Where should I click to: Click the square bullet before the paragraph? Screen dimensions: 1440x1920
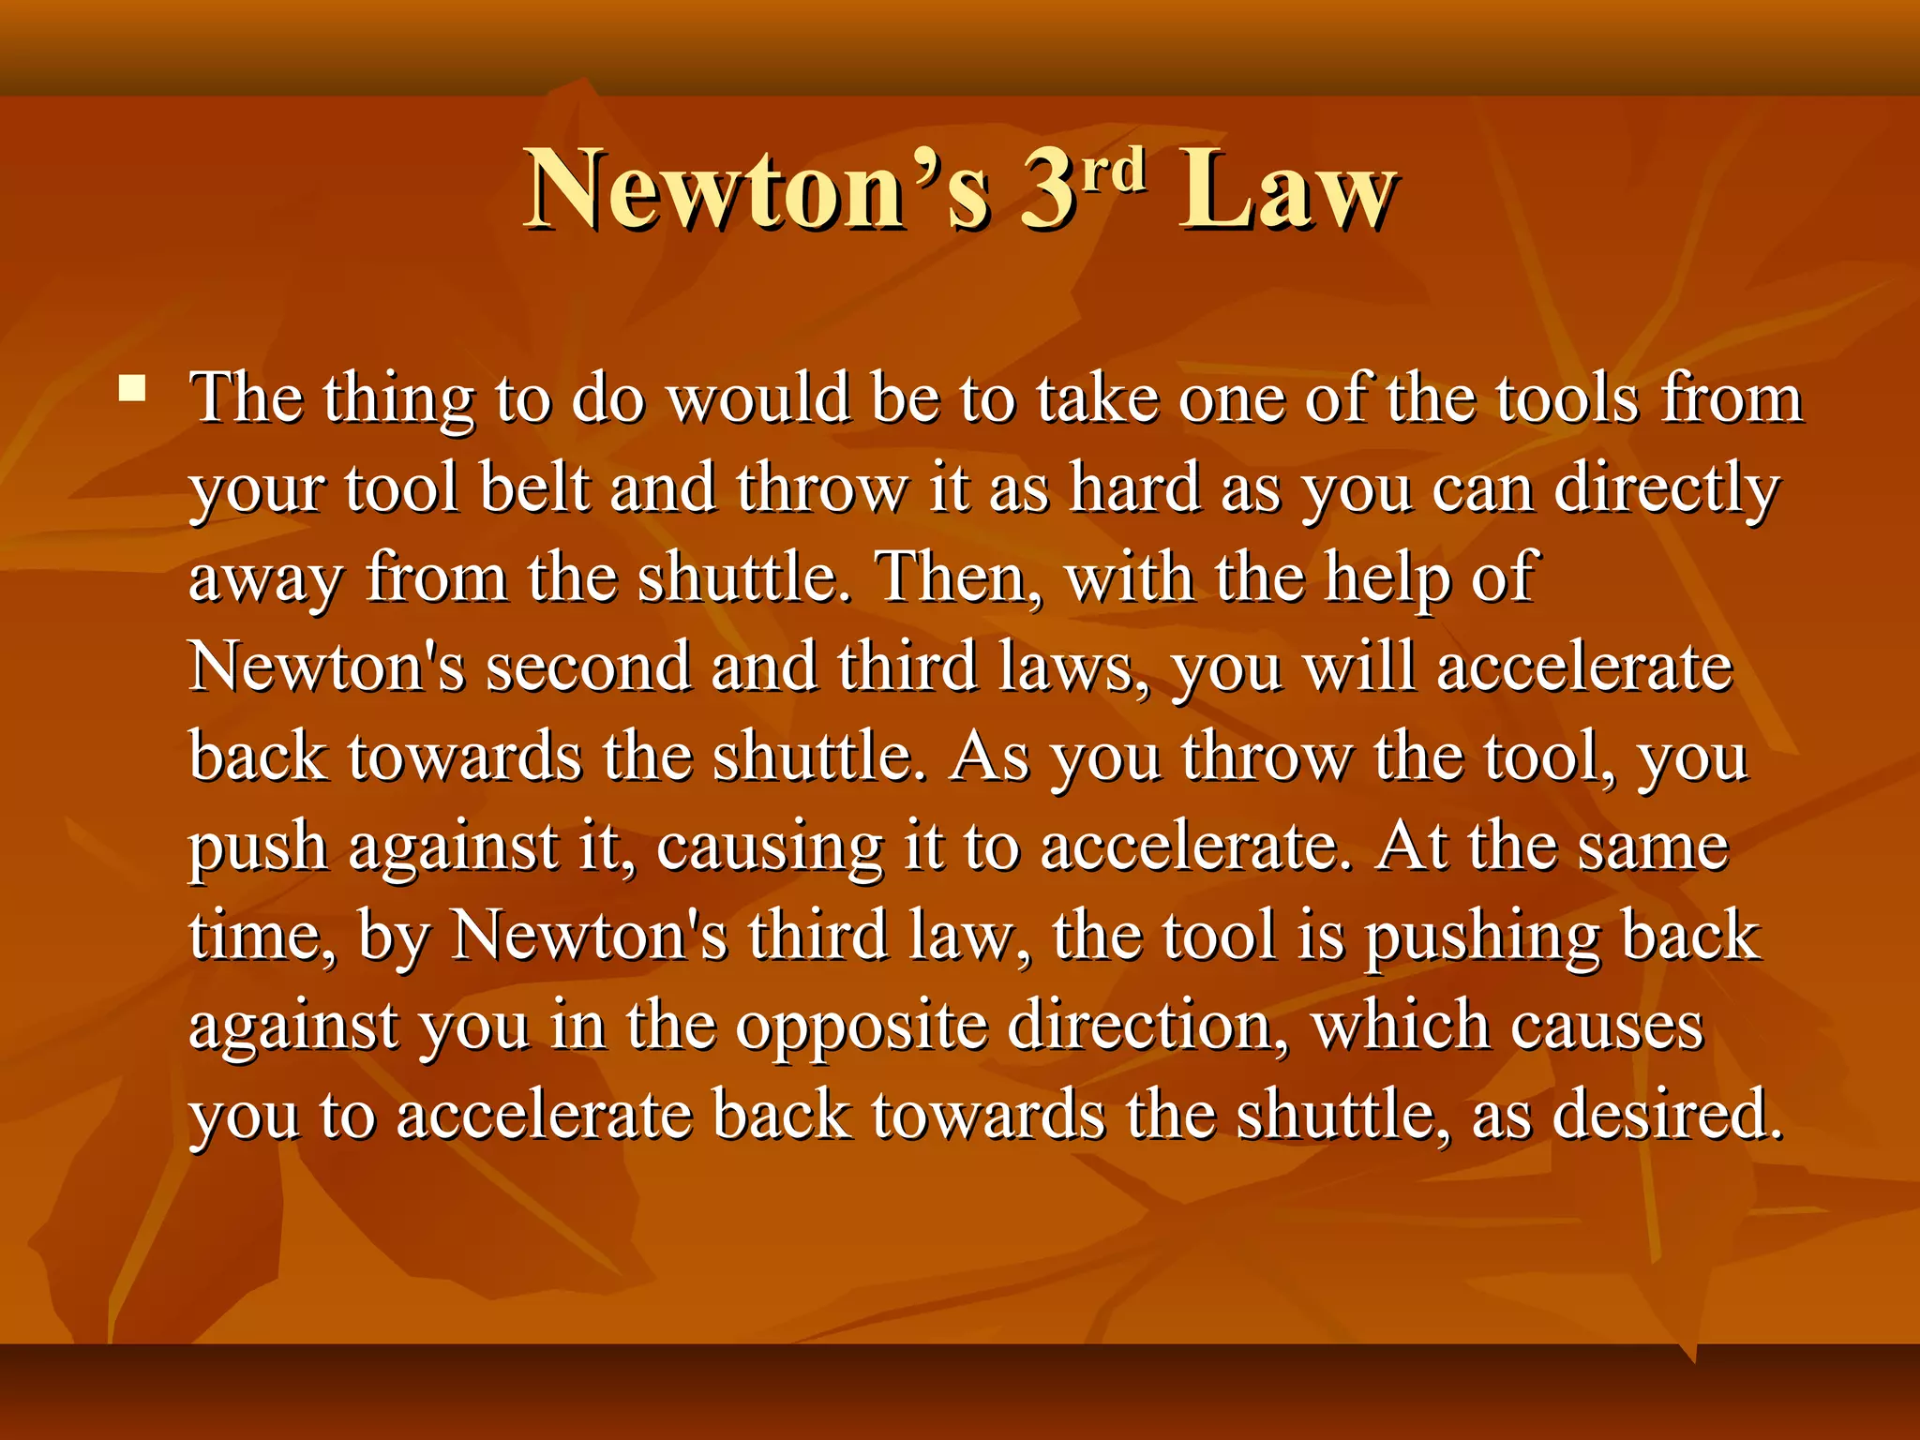click(x=132, y=388)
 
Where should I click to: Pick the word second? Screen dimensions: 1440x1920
click(x=588, y=667)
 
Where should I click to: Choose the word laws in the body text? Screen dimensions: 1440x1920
click(x=1065, y=667)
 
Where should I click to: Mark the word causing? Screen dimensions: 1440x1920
click(x=769, y=849)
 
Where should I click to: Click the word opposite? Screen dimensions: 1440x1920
click(x=861, y=1029)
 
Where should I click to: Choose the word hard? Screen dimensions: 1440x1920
click(x=1135, y=489)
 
